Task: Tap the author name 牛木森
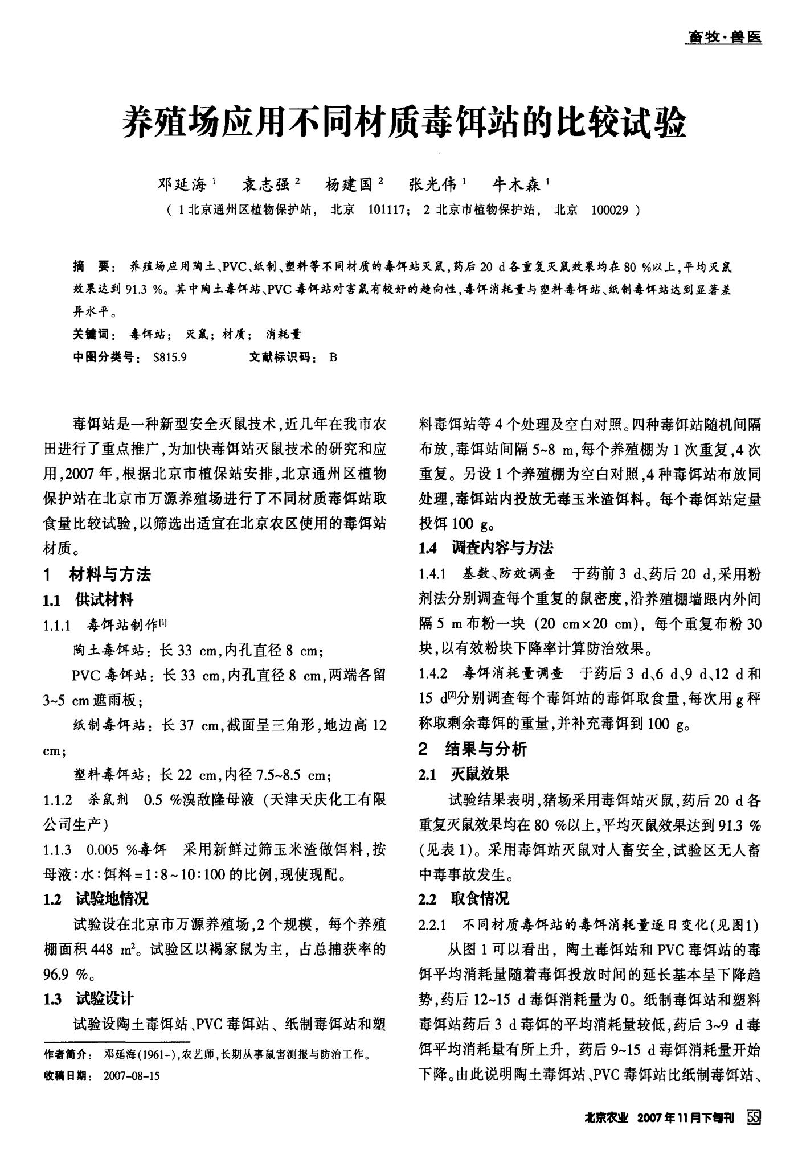pyautogui.click(x=516, y=184)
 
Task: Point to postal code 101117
pyautogui.click(x=387, y=211)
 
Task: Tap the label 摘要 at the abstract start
pyautogui.click(x=95, y=266)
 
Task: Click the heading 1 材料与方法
pyautogui.click(x=97, y=575)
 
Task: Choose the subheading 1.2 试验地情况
pyautogui.click(x=96, y=899)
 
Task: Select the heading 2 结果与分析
pyautogui.click(x=472, y=749)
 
